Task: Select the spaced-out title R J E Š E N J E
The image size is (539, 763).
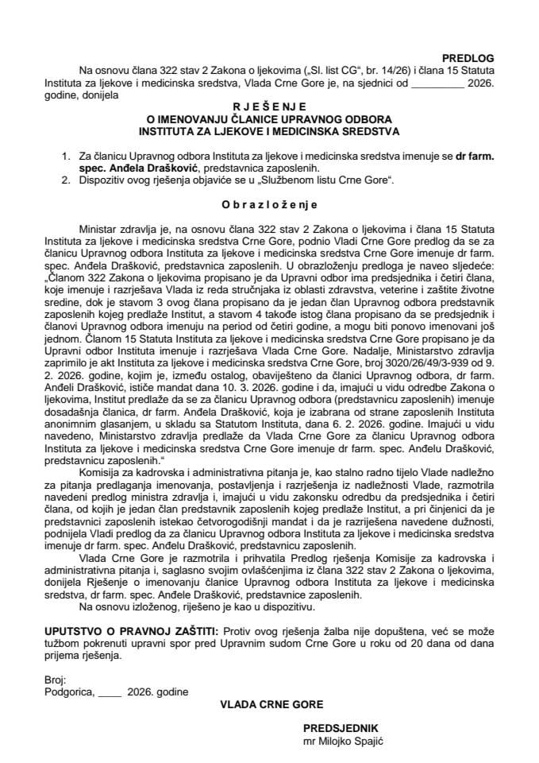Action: click(269, 105)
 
